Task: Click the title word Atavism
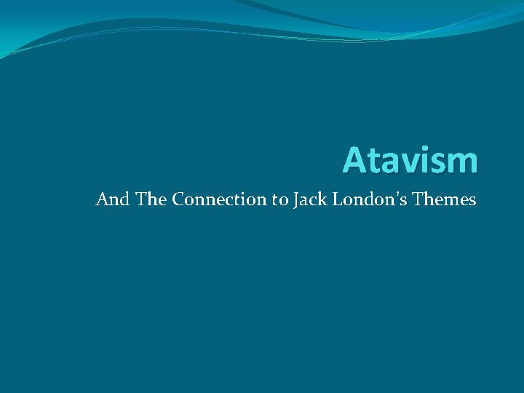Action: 410,159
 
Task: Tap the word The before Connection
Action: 151,199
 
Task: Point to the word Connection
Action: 220,199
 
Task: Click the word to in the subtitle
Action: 280,199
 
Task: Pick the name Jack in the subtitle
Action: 310,199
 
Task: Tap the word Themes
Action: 445,199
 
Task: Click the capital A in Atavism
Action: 354,160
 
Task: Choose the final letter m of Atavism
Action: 461,163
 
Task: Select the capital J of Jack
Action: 297,199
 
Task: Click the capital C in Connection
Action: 179,199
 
